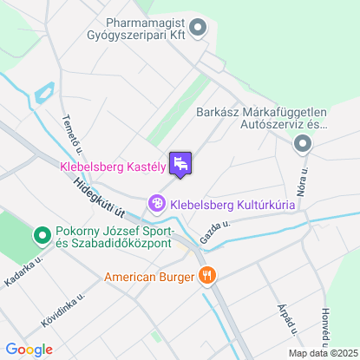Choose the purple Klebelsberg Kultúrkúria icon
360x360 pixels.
pyautogui.click(x=157, y=204)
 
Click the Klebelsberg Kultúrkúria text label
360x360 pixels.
pyautogui.click(x=232, y=205)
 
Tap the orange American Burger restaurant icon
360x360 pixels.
pyautogui.click(x=206, y=278)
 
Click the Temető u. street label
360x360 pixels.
pyautogui.click(x=69, y=134)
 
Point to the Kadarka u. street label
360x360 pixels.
pyautogui.click(x=23, y=274)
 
